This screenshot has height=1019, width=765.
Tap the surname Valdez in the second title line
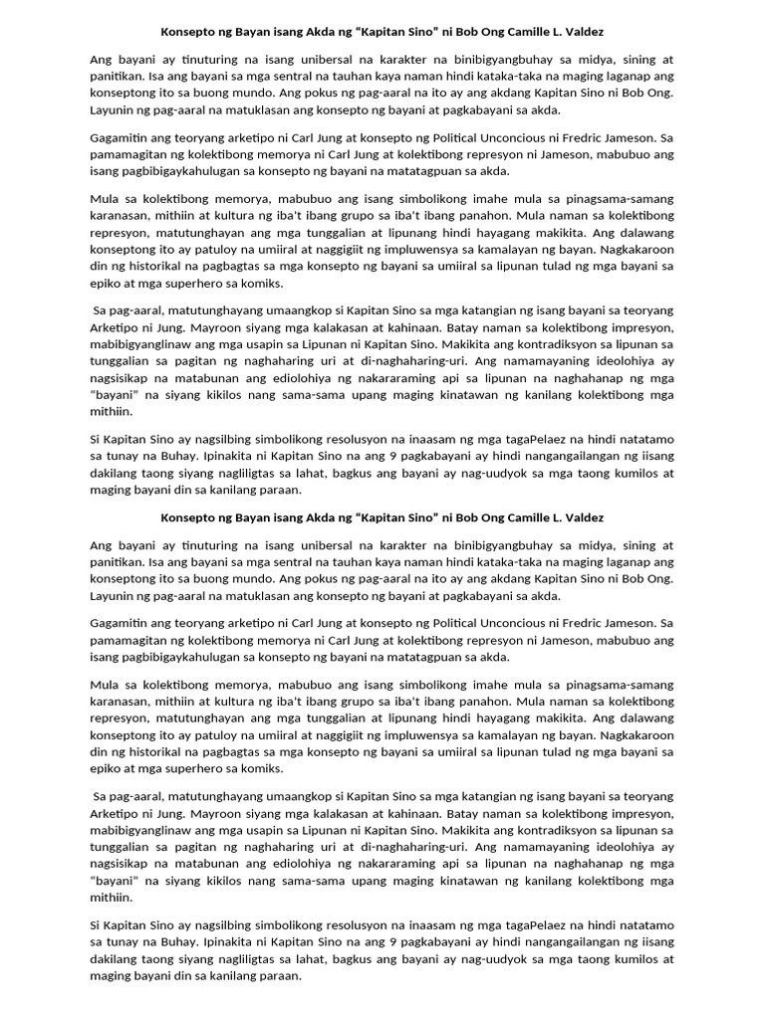pos(585,517)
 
